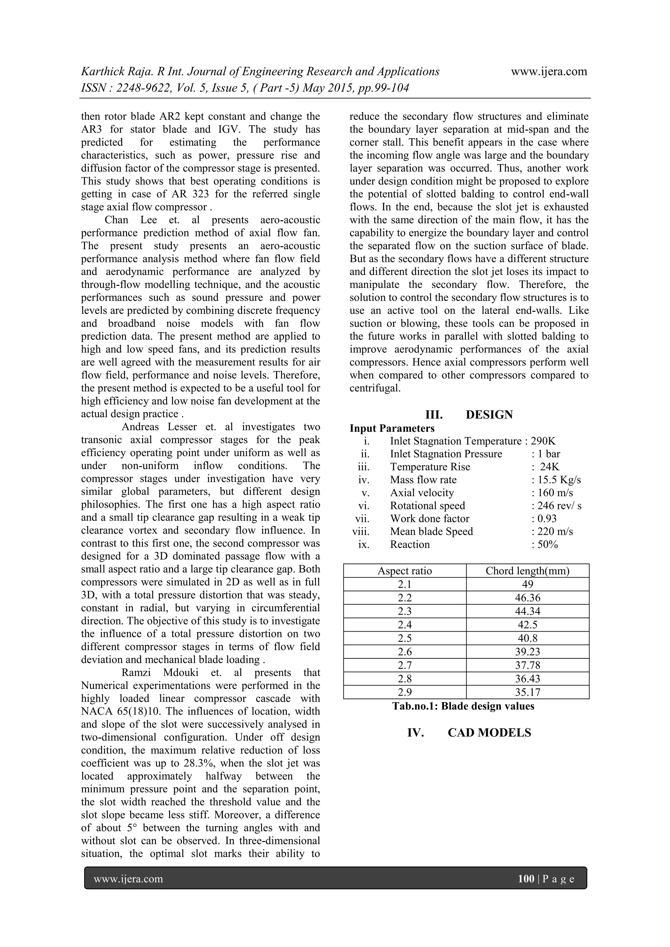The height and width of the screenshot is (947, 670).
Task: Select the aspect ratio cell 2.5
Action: [x=405, y=638]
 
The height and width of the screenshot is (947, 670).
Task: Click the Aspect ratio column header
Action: [x=405, y=571]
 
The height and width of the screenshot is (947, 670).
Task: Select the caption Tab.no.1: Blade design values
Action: [x=463, y=706]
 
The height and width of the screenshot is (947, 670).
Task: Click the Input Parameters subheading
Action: [x=392, y=428]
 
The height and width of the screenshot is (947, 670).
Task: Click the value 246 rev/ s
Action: [x=559, y=506]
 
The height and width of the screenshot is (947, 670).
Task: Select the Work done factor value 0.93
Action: [x=547, y=518]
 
